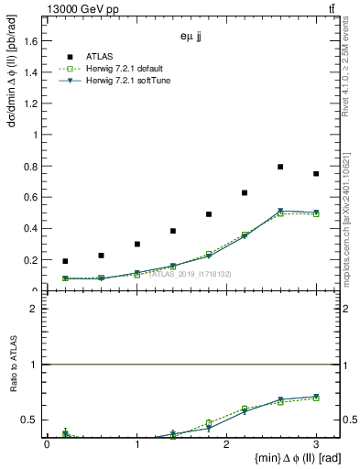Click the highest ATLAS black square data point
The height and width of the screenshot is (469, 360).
(x=280, y=167)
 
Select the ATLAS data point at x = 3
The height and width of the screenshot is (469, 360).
(x=316, y=174)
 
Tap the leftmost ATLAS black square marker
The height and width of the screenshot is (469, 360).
(x=65, y=261)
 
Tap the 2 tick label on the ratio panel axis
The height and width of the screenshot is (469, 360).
(x=36, y=310)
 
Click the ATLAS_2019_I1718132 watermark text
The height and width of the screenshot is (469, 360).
(x=191, y=274)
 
